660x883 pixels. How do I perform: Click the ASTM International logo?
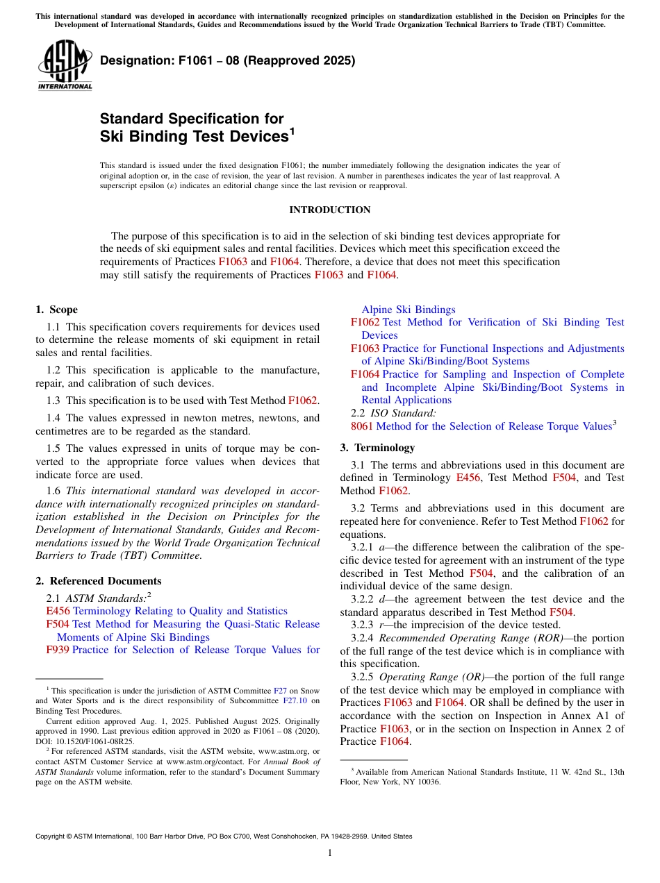point(65,65)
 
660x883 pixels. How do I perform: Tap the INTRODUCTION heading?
point(329,210)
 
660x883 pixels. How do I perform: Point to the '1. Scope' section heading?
point(56,310)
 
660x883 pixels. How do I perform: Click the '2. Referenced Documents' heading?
point(98,581)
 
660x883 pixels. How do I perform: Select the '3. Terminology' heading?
point(377,448)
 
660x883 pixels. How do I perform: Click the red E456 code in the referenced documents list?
point(58,611)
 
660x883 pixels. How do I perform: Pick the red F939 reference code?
point(58,650)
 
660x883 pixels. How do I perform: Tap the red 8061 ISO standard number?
point(362,426)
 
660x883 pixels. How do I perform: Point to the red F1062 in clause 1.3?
point(302,401)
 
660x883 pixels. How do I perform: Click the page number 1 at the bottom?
point(329,853)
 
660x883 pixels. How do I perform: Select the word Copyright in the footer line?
point(52,836)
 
